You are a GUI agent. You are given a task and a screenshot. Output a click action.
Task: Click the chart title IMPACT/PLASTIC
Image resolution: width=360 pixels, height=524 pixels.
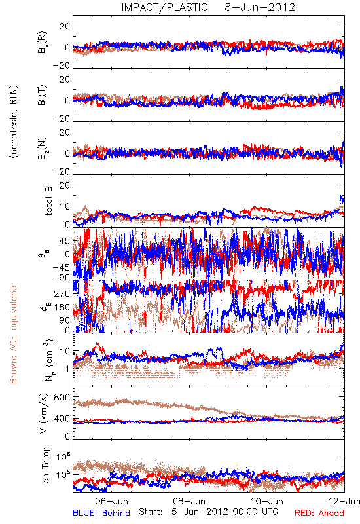(x=164, y=7)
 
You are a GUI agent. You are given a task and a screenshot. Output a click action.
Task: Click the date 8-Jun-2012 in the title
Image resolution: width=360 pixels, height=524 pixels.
(x=260, y=7)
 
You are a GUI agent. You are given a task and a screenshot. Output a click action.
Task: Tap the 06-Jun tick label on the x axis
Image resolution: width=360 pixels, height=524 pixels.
(x=111, y=501)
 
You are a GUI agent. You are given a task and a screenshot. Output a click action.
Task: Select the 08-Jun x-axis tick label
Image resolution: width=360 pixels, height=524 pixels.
(x=189, y=501)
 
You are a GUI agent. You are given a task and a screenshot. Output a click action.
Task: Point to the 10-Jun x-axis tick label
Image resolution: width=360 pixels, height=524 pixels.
(x=267, y=501)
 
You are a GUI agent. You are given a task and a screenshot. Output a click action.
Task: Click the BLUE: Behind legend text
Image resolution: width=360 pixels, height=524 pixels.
(x=101, y=513)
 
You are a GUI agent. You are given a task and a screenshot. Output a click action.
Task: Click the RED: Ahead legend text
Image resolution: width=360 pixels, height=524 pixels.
(x=319, y=513)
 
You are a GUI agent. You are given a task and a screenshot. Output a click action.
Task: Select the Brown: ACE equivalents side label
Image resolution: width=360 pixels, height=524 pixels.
(x=13, y=333)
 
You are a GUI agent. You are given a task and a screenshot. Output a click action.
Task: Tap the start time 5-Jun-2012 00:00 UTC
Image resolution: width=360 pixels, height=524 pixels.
(x=225, y=512)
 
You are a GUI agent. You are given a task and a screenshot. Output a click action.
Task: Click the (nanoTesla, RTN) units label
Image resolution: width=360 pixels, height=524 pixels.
(x=14, y=122)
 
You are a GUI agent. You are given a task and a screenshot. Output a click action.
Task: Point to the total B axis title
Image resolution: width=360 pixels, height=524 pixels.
(x=48, y=201)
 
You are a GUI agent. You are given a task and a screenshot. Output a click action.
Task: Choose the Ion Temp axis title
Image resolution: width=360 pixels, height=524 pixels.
(x=45, y=466)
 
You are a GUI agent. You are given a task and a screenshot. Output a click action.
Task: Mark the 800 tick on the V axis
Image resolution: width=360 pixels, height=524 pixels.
(x=62, y=397)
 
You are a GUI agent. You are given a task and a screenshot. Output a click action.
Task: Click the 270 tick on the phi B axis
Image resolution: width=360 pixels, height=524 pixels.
(x=62, y=293)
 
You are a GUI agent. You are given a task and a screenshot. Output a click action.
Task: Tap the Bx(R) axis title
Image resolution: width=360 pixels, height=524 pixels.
(x=43, y=43)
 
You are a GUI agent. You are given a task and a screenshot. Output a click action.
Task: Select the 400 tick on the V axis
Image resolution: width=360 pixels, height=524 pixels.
(x=62, y=419)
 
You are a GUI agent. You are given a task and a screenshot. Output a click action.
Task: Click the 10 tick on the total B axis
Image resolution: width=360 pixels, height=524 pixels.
(x=65, y=206)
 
